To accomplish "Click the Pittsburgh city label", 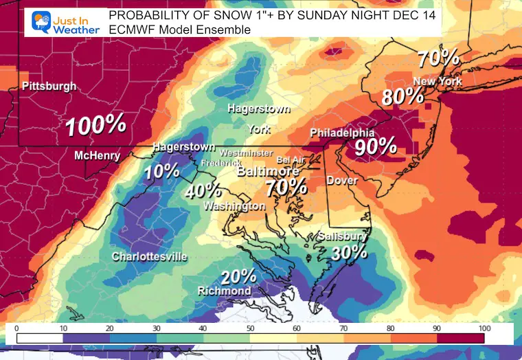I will [x=49, y=87].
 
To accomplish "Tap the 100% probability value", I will [x=95, y=125].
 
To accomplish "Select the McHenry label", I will [x=97, y=156].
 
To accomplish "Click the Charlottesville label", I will [x=150, y=257].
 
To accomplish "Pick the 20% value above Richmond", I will [x=238, y=276].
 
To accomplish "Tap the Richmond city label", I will [x=224, y=291].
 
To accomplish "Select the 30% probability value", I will [x=350, y=252].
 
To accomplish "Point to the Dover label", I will [x=341, y=181].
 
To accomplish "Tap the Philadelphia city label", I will [x=342, y=132].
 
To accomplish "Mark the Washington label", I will [x=234, y=206].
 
